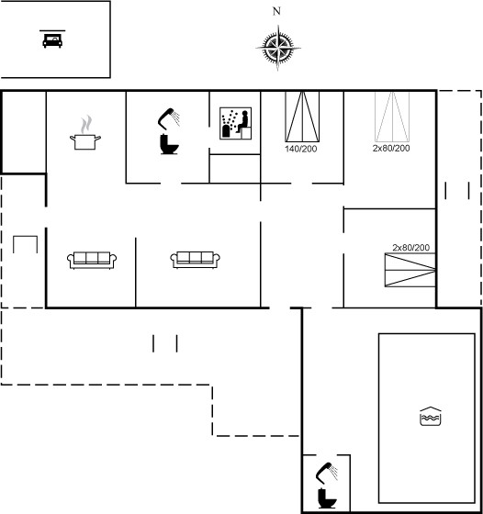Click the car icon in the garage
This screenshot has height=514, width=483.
click(x=52, y=39)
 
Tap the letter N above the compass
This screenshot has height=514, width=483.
click(x=276, y=11)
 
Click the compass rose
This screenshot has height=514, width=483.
click(x=278, y=48)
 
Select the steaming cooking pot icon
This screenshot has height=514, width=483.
click(x=85, y=133)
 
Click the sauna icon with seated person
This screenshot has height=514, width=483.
click(x=235, y=123)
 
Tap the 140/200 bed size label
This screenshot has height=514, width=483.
click(x=301, y=149)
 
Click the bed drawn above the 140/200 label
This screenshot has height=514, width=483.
click(x=302, y=117)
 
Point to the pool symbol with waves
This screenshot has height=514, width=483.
click(x=431, y=417)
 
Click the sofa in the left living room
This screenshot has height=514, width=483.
click(x=92, y=261)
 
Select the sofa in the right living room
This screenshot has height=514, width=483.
click(x=195, y=260)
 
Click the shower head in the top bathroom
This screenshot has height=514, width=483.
click(x=169, y=117)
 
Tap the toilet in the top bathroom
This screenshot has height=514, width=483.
click(x=169, y=144)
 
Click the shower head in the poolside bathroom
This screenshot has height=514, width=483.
click(x=327, y=473)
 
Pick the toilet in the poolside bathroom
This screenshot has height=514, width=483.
click(x=327, y=498)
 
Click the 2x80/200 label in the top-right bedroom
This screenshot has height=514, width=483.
click(x=391, y=148)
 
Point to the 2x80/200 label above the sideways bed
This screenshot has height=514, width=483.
click(x=411, y=248)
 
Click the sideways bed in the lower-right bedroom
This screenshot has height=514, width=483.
click(x=410, y=270)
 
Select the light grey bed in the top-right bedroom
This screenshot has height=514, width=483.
click(x=392, y=117)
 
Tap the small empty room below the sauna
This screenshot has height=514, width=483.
click(x=235, y=169)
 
